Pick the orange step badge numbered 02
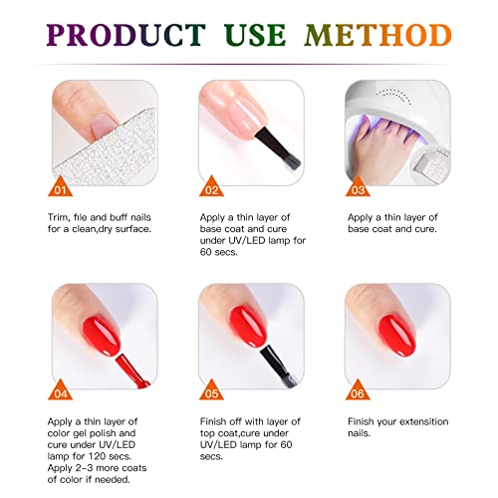[x=210, y=187]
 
